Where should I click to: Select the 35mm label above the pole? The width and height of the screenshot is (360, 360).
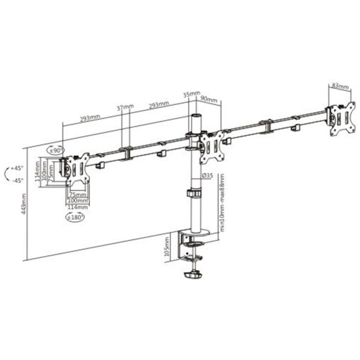(191, 95)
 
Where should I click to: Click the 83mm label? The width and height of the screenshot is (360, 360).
(339, 86)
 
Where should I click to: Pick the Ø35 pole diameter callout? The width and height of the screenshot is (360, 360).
(208, 176)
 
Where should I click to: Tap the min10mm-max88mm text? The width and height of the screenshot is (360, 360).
(222, 202)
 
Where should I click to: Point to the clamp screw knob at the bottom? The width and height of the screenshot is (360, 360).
(194, 275)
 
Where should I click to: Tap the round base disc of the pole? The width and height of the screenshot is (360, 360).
(196, 233)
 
